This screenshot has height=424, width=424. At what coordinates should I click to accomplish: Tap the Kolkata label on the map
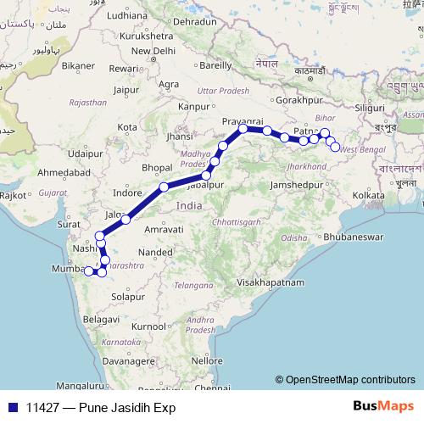coord(369,195)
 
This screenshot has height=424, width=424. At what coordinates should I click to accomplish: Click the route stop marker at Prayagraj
coord(243,129)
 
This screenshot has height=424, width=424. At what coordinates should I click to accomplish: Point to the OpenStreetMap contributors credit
coord(350,380)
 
